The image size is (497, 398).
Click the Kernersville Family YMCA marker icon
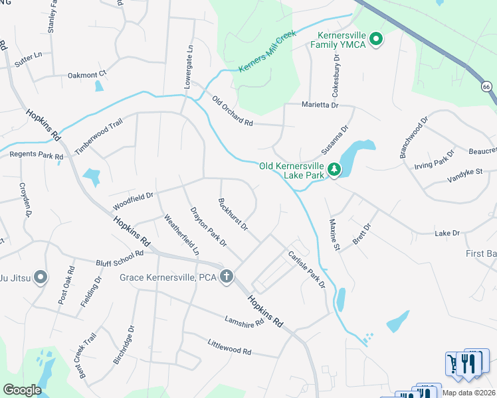[375, 39]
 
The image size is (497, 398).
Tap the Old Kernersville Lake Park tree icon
[335, 170]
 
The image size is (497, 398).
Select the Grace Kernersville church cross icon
[227, 276]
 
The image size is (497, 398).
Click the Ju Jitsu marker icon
[41, 277]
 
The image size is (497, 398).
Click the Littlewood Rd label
[229, 347]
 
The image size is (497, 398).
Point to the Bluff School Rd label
[120, 258]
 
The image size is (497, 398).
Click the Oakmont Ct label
[87, 75]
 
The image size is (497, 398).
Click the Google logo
[23, 389]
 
